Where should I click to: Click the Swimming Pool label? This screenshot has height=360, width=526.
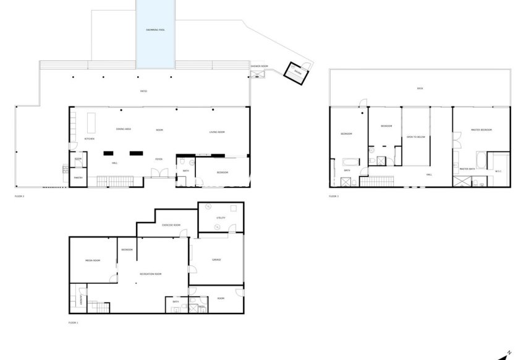coord(155,30)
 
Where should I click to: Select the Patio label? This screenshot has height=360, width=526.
coord(143,91)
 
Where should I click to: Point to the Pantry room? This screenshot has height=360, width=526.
coord(78,178)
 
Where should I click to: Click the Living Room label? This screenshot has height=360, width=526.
coord(216,132)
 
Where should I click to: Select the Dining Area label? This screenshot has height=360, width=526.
coord(124,129)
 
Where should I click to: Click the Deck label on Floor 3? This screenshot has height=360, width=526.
coord(420,88)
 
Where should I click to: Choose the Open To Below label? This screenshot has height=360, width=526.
coord(415,136)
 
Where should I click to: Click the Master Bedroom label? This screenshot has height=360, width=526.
coord(481,129)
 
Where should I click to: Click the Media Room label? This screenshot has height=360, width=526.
coord(93,260)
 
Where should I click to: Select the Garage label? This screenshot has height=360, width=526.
coord(216,259)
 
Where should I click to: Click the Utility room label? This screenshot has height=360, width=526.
coord(221,218)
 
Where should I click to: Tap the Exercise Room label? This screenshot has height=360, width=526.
coord(171,225)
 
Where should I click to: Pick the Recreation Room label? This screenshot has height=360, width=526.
coord(150,274)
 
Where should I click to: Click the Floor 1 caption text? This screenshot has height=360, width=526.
coord(74,322)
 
